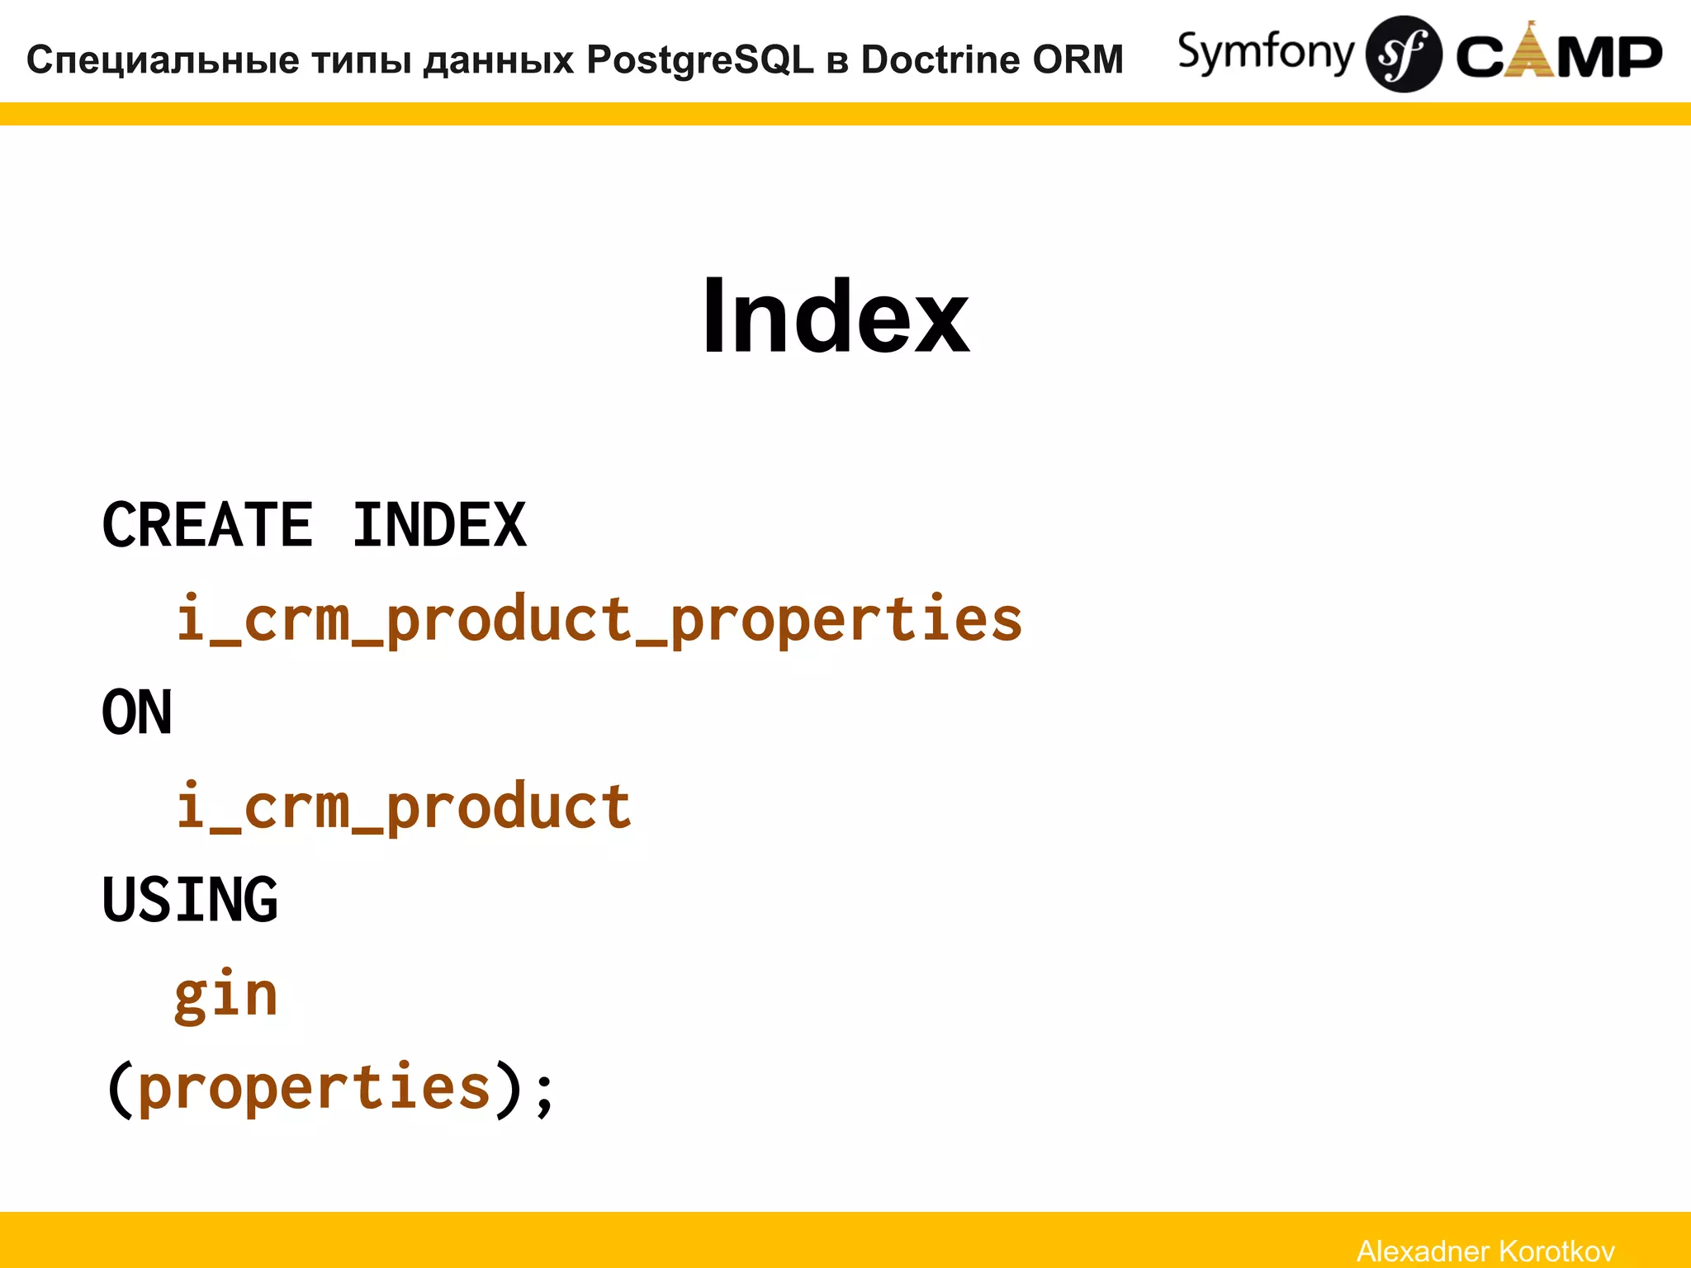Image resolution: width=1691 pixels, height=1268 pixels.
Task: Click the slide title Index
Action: point(835,316)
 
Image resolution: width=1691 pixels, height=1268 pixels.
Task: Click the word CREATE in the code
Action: point(207,525)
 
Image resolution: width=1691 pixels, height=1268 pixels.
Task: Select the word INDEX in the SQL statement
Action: point(439,525)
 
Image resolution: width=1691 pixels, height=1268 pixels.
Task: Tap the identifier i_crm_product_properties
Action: point(599,619)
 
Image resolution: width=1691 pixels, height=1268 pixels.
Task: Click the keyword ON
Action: point(137,712)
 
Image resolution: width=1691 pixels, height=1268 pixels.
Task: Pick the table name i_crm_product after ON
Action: point(404,807)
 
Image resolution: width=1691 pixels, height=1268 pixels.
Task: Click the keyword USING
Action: point(190,900)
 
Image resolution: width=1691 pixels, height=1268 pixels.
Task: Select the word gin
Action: point(225,995)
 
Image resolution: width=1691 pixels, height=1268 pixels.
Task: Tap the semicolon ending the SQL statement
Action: point(544,1094)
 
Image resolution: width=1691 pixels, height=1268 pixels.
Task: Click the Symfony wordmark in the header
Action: point(1265,54)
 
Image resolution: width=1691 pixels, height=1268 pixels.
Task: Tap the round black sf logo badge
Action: point(1404,54)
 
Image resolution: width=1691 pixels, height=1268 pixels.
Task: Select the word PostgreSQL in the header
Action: point(700,60)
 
